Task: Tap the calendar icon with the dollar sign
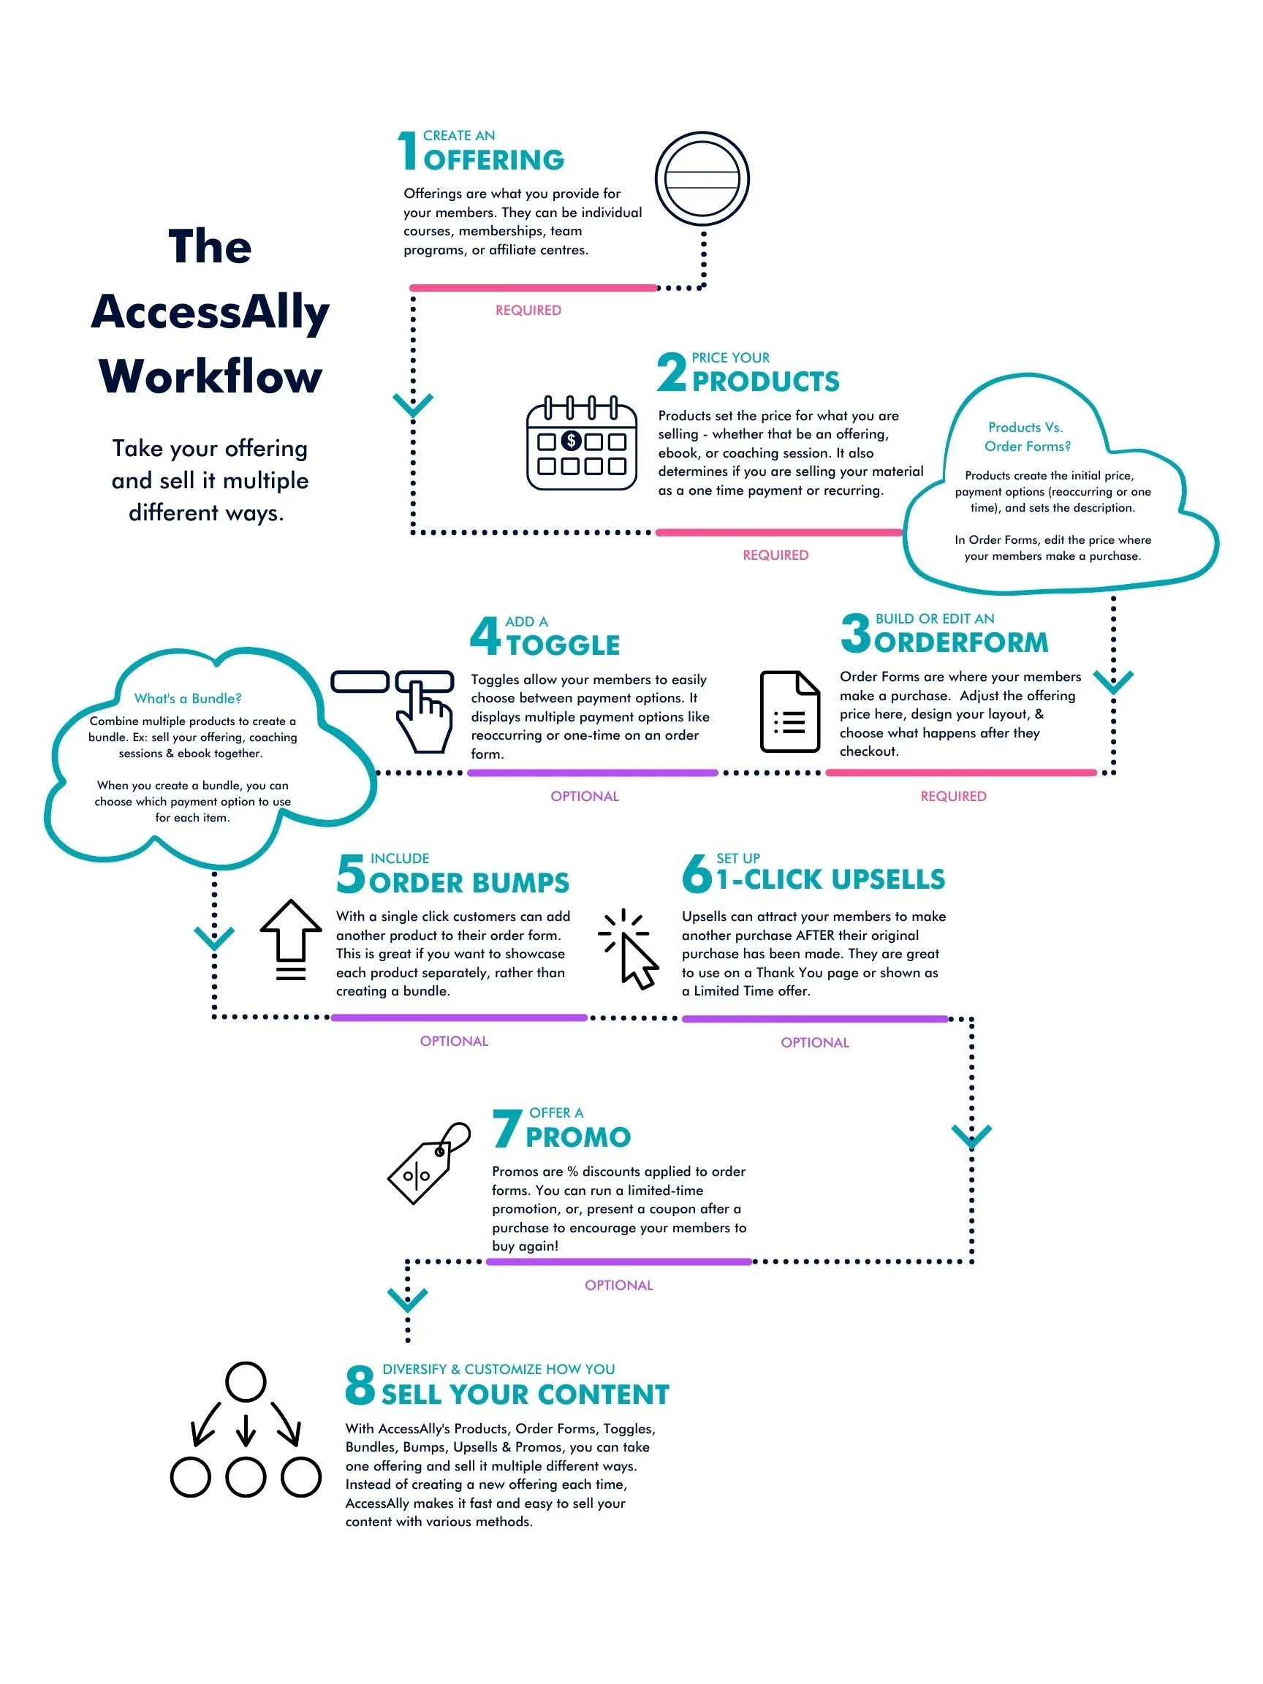[x=582, y=442]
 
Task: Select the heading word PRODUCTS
[x=765, y=381]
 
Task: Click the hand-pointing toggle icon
[x=423, y=716]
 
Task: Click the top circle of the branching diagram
[x=245, y=1381]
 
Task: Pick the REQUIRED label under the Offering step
[x=528, y=310]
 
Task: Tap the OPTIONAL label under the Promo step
[x=618, y=1285]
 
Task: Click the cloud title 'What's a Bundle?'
[x=187, y=698]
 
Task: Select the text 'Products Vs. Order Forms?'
[x=1026, y=436]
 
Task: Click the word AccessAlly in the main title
[x=210, y=311]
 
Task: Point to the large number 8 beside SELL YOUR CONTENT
[x=360, y=1385]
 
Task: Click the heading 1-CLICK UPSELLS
[x=830, y=879]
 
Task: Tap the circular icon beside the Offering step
[x=702, y=179]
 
